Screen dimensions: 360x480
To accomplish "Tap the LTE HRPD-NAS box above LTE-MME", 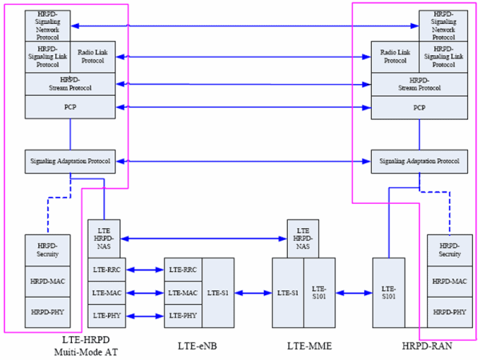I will (x=302, y=238).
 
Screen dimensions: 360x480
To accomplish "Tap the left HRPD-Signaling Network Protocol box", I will (x=47, y=26).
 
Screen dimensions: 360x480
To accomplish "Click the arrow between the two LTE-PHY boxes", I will (x=146, y=316).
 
